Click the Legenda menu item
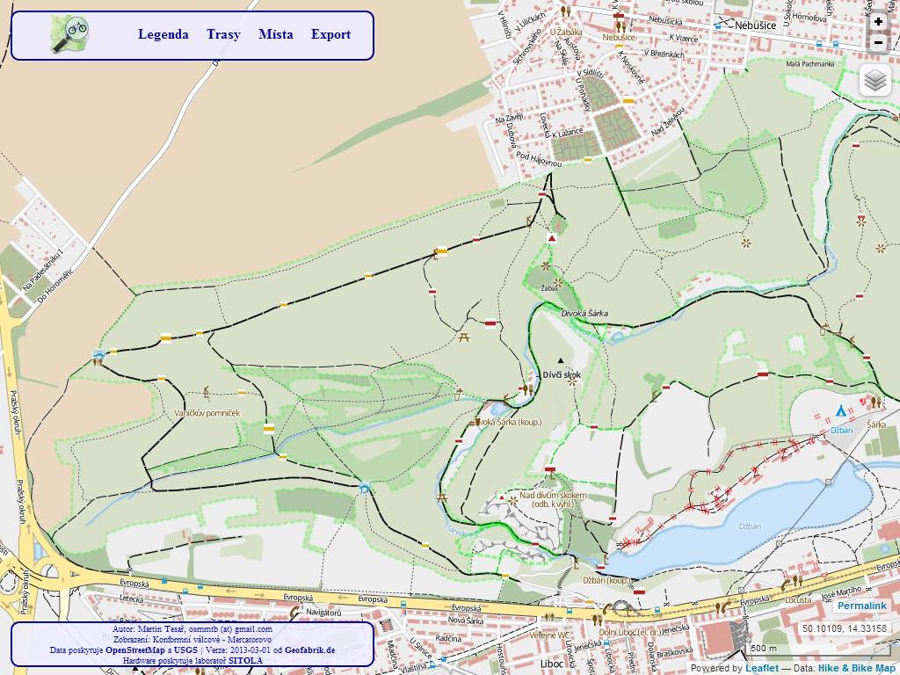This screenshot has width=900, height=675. [163, 35]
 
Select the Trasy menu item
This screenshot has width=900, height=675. [223, 35]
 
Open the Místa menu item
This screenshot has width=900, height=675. [276, 35]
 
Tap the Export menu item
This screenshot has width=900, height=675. [330, 35]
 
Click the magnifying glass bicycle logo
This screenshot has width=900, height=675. [69, 34]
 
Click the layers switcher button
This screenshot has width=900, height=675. [875, 81]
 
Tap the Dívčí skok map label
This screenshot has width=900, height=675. [562, 374]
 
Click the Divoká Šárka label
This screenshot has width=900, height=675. [584, 313]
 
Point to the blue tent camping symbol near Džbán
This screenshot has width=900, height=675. [841, 410]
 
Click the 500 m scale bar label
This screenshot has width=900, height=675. [763, 649]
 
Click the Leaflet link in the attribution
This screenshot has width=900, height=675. [761, 668]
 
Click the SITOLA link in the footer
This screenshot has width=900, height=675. [246, 660]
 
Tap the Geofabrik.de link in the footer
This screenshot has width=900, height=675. [309, 650]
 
